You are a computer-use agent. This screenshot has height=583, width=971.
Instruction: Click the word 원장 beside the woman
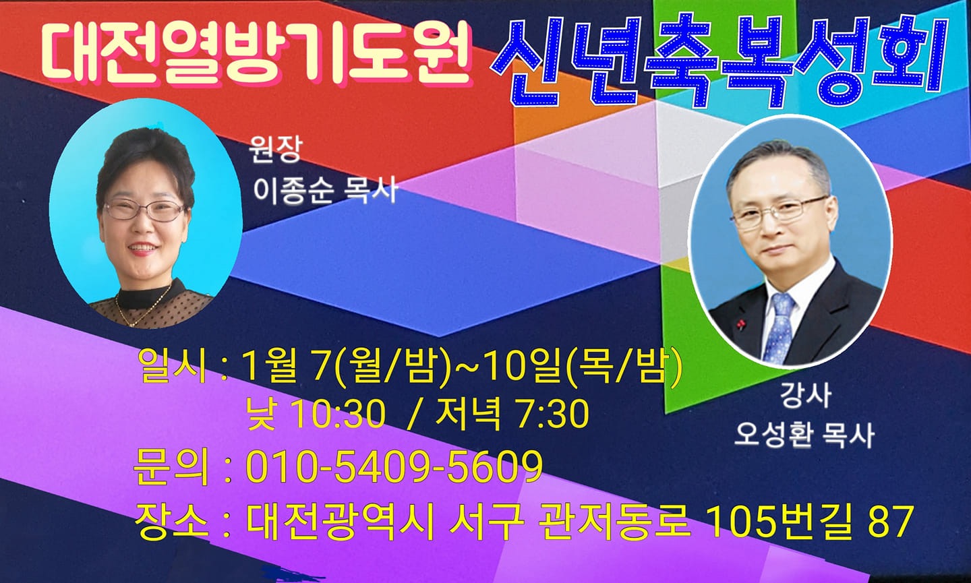[x=274, y=150]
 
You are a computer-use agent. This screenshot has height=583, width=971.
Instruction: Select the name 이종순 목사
[x=325, y=191]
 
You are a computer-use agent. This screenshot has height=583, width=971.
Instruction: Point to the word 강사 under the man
[x=805, y=396]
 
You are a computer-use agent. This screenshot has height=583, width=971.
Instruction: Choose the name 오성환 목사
[x=803, y=436]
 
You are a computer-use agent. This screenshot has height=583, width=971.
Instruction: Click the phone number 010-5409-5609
[x=394, y=467]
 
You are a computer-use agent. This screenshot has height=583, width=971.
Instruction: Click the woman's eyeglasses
[x=144, y=210]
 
